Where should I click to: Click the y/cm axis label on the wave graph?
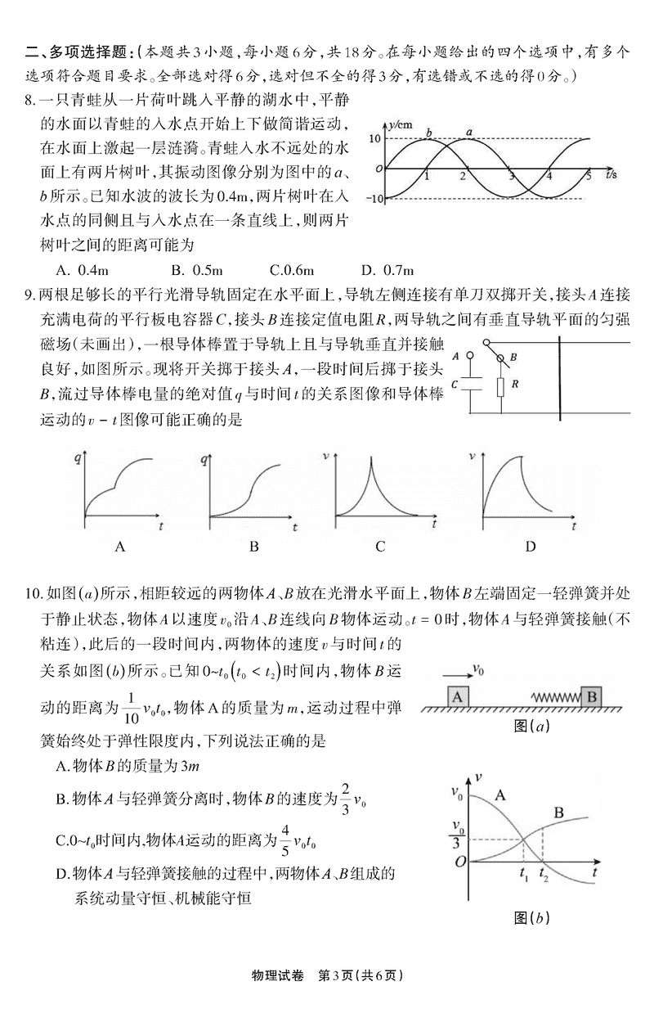click(x=400, y=124)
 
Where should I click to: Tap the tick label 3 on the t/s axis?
click(x=512, y=177)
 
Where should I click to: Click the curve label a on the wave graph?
click(x=469, y=131)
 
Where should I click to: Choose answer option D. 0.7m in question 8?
click(x=389, y=270)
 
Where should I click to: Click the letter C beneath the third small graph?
click(x=380, y=547)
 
